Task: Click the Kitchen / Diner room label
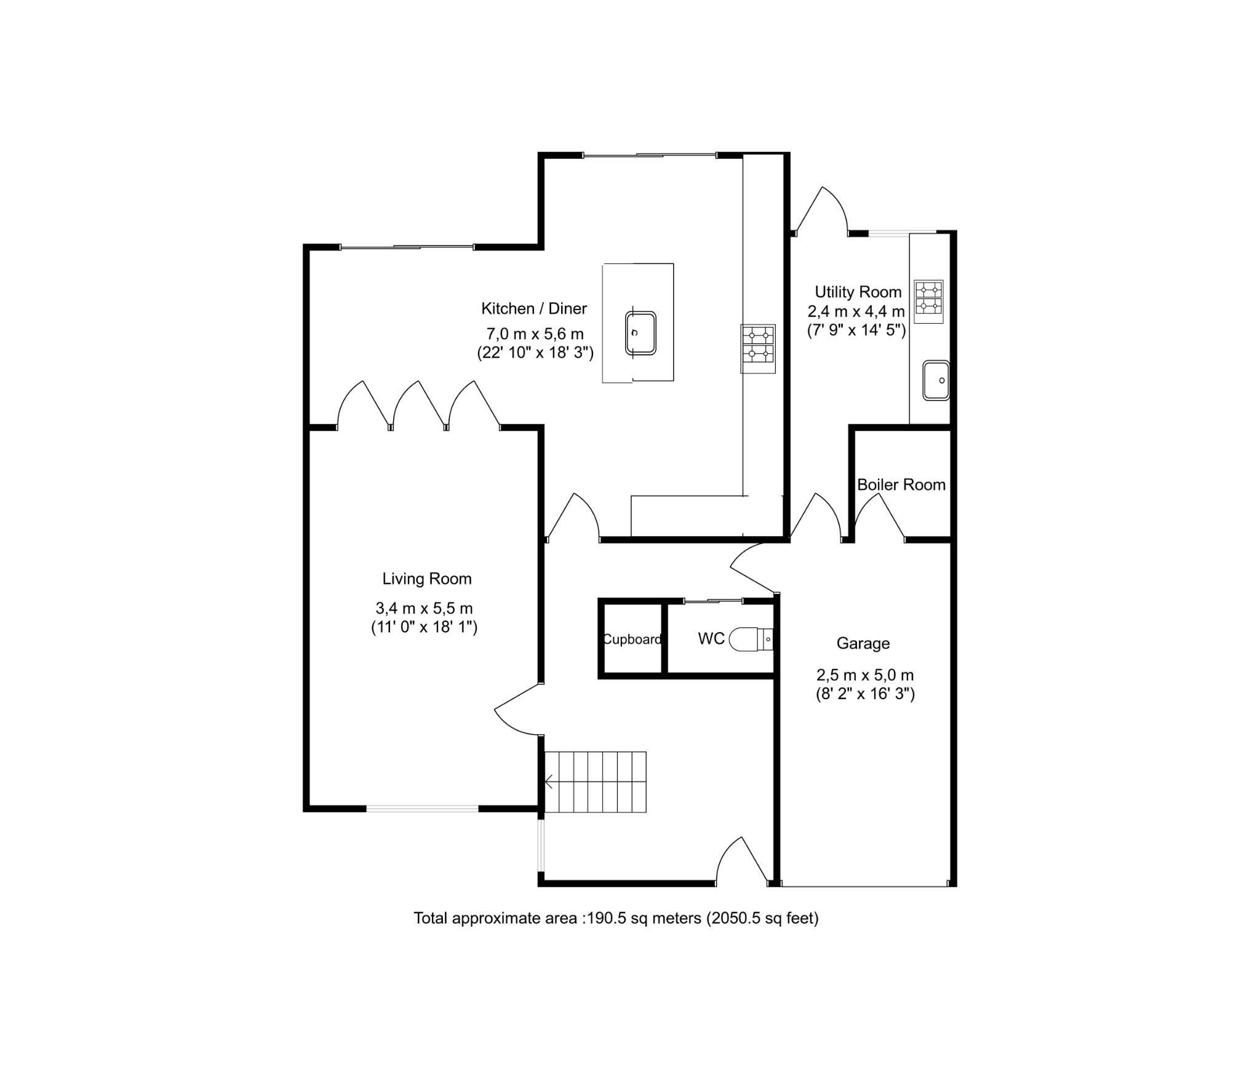(x=533, y=308)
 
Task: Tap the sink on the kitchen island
(x=640, y=333)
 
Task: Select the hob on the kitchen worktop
(x=757, y=348)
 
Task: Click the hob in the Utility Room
(x=928, y=302)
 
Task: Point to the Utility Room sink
(x=936, y=380)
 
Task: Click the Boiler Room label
(x=901, y=485)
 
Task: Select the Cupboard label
(x=632, y=639)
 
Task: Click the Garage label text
(x=863, y=644)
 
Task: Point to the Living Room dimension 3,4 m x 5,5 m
(x=424, y=609)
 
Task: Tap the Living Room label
(x=426, y=579)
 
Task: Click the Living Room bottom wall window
(x=422, y=809)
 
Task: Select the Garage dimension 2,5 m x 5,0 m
(x=864, y=675)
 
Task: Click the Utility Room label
(x=858, y=292)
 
